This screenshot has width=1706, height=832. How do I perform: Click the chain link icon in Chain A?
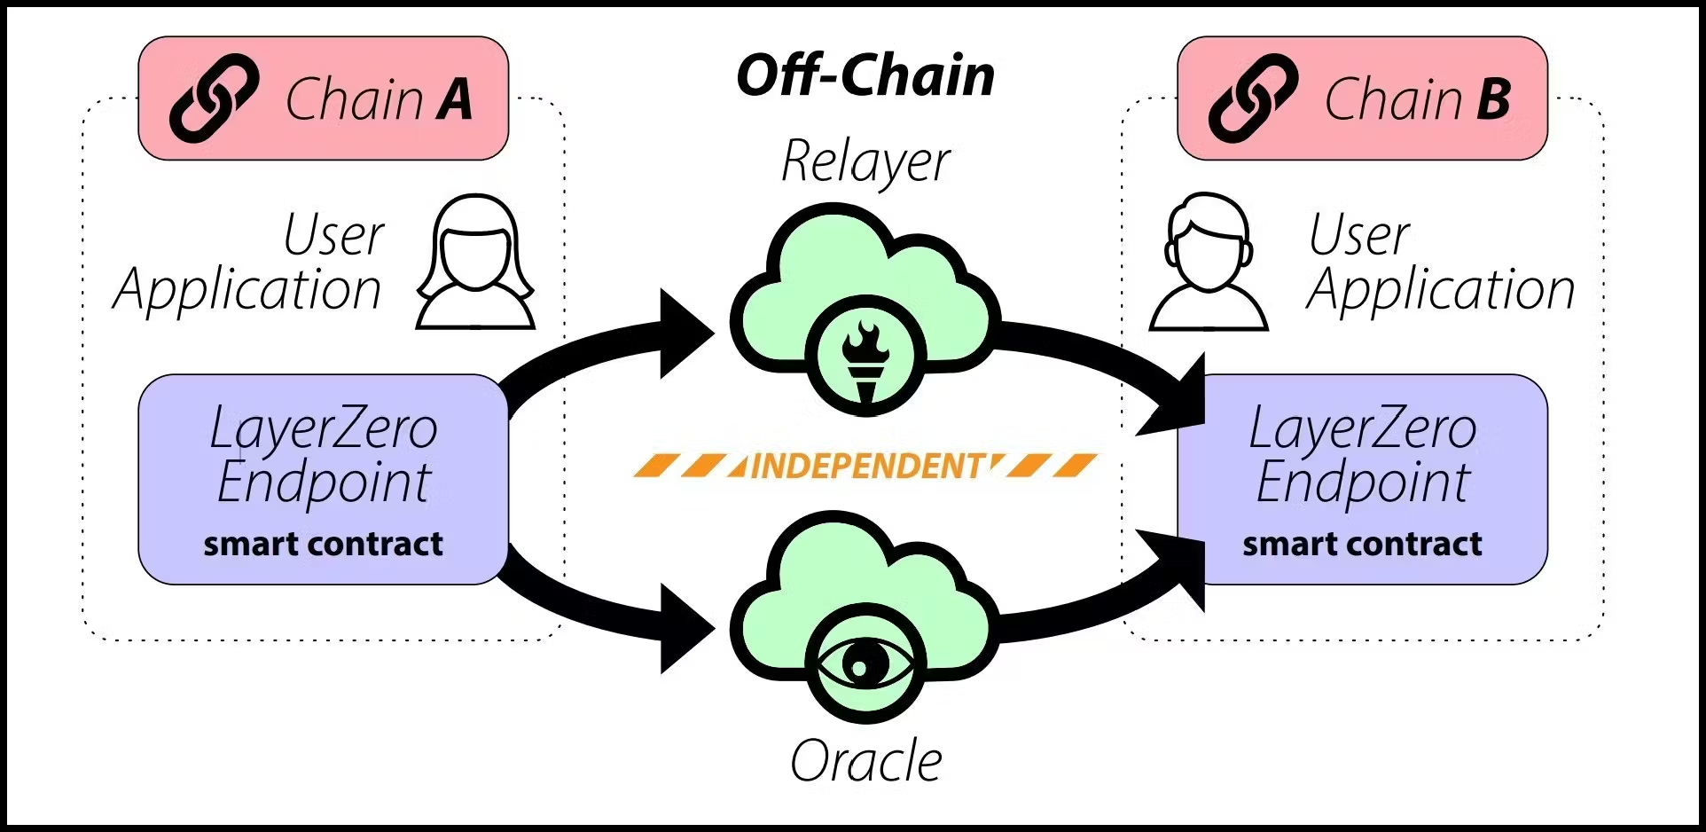(x=214, y=98)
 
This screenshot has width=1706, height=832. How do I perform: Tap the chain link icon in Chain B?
(x=1253, y=98)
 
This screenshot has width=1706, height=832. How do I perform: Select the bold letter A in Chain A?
(x=455, y=98)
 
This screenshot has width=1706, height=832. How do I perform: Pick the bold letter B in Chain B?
(x=1494, y=98)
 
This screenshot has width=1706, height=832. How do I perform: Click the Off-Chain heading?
(x=865, y=75)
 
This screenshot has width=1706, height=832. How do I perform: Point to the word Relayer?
(x=865, y=162)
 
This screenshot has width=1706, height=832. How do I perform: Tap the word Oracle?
(x=865, y=761)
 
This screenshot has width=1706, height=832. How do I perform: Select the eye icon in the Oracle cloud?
(x=865, y=663)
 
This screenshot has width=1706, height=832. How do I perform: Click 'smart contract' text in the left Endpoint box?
(x=323, y=544)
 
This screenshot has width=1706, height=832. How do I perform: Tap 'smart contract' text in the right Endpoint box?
(x=1362, y=544)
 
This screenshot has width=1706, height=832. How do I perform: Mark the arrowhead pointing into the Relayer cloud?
(x=686, y=334)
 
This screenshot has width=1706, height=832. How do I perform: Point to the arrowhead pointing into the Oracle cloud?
(x=686, y=628)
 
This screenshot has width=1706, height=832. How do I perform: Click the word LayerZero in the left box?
(x=324, y=428)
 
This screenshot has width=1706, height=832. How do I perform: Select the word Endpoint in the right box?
(x=1363, y=483)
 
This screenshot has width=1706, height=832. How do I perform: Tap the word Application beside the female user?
(x=247, y=290)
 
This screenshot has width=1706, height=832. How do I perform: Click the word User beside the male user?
(x=1359, y=235)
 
